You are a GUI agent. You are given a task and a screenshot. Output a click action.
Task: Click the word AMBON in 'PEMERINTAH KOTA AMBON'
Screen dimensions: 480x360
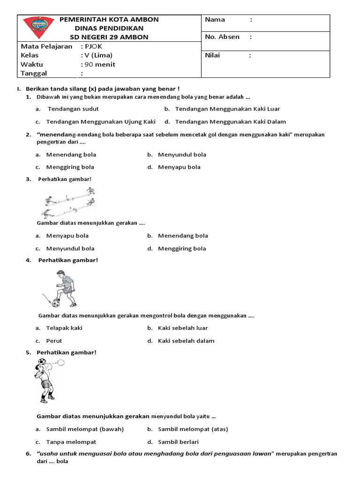click(x=145, y=20)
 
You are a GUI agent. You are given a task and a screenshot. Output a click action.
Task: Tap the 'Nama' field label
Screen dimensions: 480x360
click(x=215, y=20)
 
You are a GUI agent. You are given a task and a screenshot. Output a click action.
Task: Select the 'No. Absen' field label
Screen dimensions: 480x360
click(x=222, y=37)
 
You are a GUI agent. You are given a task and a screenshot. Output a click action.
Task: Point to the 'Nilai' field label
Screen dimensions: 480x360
click(x=213, y=55)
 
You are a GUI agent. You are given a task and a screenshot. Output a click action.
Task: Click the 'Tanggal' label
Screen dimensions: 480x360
click(x=34, y=73)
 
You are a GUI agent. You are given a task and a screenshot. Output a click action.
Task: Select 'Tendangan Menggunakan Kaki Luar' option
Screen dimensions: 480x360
click(x=227, y=109)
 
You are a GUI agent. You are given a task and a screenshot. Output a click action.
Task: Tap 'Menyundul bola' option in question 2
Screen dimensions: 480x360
click(x=182, y=154)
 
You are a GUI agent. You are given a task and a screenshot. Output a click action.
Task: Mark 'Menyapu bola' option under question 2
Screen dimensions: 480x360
click(x=179, y=167)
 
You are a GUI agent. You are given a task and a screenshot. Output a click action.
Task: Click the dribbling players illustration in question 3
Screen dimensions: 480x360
click(x=70, y=202)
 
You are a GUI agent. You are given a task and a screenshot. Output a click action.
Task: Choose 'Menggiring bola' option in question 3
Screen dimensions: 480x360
click(x=182, y=248)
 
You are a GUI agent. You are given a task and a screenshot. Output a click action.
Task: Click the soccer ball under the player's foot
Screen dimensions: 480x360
click(x=56, y=303)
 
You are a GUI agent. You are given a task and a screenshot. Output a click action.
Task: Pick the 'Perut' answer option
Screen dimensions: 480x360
click(x=54, y=341)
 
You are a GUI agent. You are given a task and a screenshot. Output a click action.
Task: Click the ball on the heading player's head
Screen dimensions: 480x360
click(x=43, y=362)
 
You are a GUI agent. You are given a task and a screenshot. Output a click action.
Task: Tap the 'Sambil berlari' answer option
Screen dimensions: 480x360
click(x=178, y=442)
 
